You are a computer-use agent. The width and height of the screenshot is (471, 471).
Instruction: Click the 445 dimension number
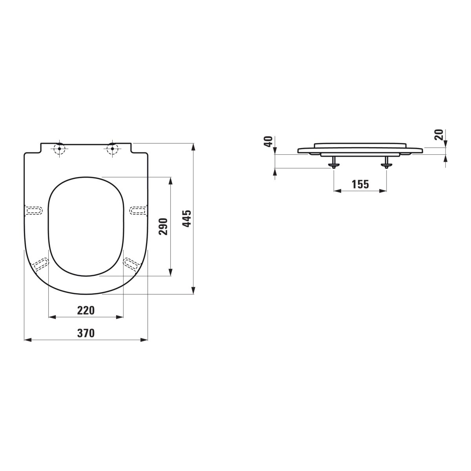(x=187, y=219)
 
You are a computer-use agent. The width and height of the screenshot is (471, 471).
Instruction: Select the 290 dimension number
(x=163, y=226)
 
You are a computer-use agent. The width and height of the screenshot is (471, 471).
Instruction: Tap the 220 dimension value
(x=86, y=310)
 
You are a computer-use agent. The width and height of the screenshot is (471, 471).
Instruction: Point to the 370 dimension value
(x=86, y=333)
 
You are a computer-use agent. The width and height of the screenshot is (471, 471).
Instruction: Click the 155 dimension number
(x=360, y=184)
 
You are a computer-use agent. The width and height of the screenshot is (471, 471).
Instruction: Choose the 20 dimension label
(x=439, y=135)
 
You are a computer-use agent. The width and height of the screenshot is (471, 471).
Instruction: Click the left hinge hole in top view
(x=59, y=149)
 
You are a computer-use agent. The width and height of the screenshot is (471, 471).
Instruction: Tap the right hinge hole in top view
(x=112, y=149)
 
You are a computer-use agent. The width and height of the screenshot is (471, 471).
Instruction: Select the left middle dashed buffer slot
(x=34, y=210)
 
